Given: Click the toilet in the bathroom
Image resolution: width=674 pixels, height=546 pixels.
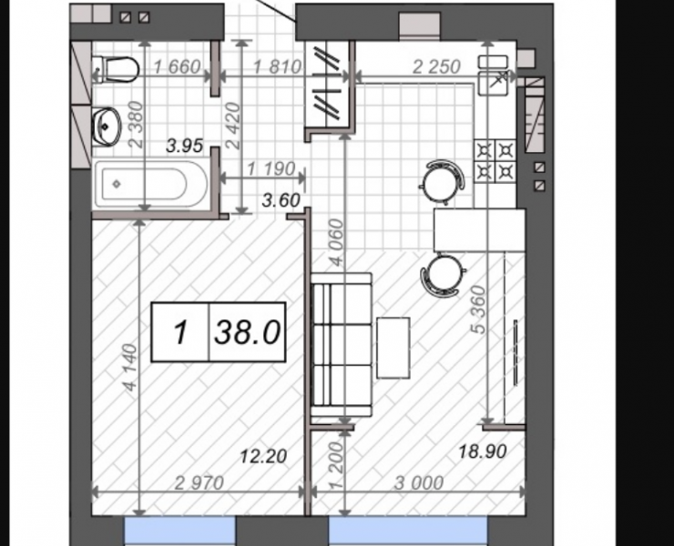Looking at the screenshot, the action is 116,69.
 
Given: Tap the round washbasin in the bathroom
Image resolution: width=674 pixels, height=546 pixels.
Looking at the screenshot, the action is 107,126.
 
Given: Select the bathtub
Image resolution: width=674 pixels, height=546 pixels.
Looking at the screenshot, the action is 150,184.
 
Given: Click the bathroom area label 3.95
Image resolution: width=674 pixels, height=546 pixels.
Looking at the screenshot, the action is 184,147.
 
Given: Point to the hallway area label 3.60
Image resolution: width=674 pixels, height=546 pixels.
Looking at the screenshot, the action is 281,200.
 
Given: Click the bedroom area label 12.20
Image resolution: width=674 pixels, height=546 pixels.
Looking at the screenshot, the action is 263,456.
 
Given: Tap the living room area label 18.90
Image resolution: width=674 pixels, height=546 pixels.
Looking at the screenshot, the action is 483,451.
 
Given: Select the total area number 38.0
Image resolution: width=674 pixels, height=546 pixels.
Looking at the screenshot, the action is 248,332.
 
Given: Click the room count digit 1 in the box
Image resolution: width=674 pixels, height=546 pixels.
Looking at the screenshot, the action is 181,332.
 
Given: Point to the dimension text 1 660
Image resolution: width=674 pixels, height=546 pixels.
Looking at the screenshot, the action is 177,67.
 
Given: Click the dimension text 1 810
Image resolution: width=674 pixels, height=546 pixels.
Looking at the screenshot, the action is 277,67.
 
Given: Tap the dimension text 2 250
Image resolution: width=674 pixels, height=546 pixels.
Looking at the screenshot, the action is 436,66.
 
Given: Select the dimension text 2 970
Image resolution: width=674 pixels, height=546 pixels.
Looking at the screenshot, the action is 199,483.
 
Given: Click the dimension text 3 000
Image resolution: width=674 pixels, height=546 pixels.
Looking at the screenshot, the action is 419,483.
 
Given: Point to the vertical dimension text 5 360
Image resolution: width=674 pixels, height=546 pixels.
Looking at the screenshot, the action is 478,309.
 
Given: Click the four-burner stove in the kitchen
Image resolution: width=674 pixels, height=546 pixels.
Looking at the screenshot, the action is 495,161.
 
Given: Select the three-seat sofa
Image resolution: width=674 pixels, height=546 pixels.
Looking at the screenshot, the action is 342,345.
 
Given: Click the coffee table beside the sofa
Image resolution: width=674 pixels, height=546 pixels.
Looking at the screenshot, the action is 393,348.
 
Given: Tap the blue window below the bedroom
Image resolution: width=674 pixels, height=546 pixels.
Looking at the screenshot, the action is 179,531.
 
